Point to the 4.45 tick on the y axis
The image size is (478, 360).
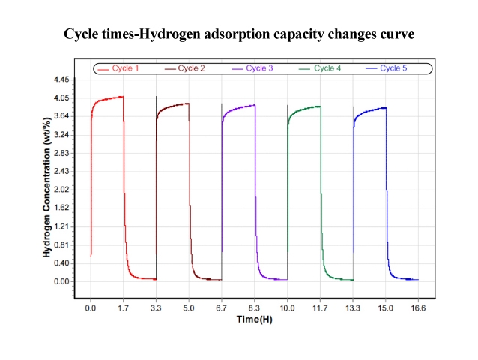tap(60, 79)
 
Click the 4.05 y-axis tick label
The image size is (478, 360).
tap(60, 97)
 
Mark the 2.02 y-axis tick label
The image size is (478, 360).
tap(60, 190)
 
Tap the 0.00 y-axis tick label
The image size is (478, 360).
tap(60, 281)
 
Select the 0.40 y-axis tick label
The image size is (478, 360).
tap(60, 263)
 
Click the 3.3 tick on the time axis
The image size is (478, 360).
tap(156, 307)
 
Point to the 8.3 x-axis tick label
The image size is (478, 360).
tap(255, 307)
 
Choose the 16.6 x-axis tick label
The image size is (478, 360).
tap(418, 307)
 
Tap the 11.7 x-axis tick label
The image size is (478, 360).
tap(320, 307)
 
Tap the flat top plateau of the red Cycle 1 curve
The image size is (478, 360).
tap(109, 98)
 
